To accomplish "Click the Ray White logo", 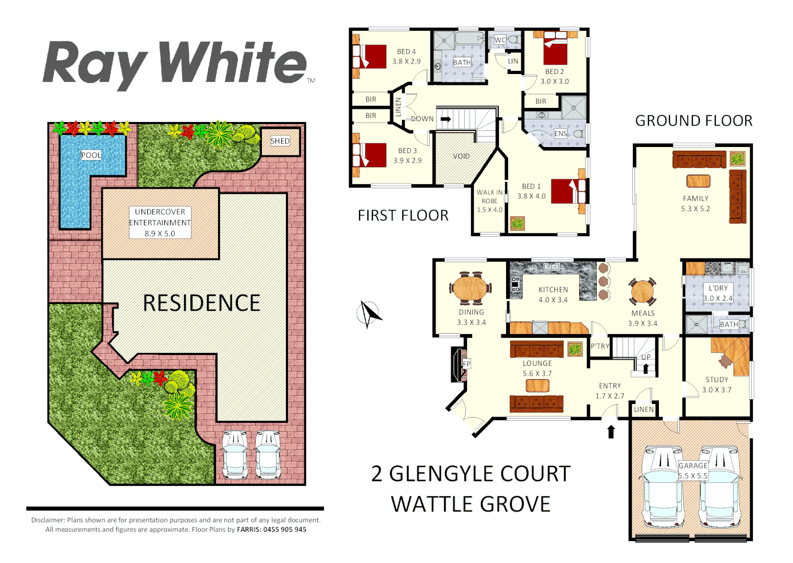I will [x=175, y=64].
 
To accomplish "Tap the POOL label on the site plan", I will [x=91, y=155].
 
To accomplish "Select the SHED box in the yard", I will [x=280, y=141].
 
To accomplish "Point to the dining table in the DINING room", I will [x=471, y=287].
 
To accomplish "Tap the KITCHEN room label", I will [x=553, y=290].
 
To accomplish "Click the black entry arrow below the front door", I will [x=611, y=431].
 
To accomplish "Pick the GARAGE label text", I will [x=693, y=466].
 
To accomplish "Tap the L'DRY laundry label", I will [x=718, y=288].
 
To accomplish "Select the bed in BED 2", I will [x=555, y=48].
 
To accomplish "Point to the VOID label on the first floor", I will [x=461, y=156].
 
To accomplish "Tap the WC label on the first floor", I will [x=500, y=40].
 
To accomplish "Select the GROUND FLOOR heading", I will [x=693, y=121].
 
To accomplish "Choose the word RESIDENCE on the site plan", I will [x=201, y=303].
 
